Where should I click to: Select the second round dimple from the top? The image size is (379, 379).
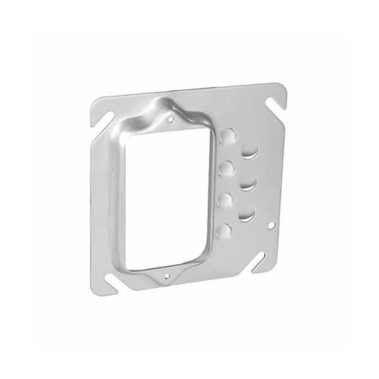pyautogui.click(x=226, y=168)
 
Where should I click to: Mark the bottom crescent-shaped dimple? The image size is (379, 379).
pyautogui.click(x=245, y=215)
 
